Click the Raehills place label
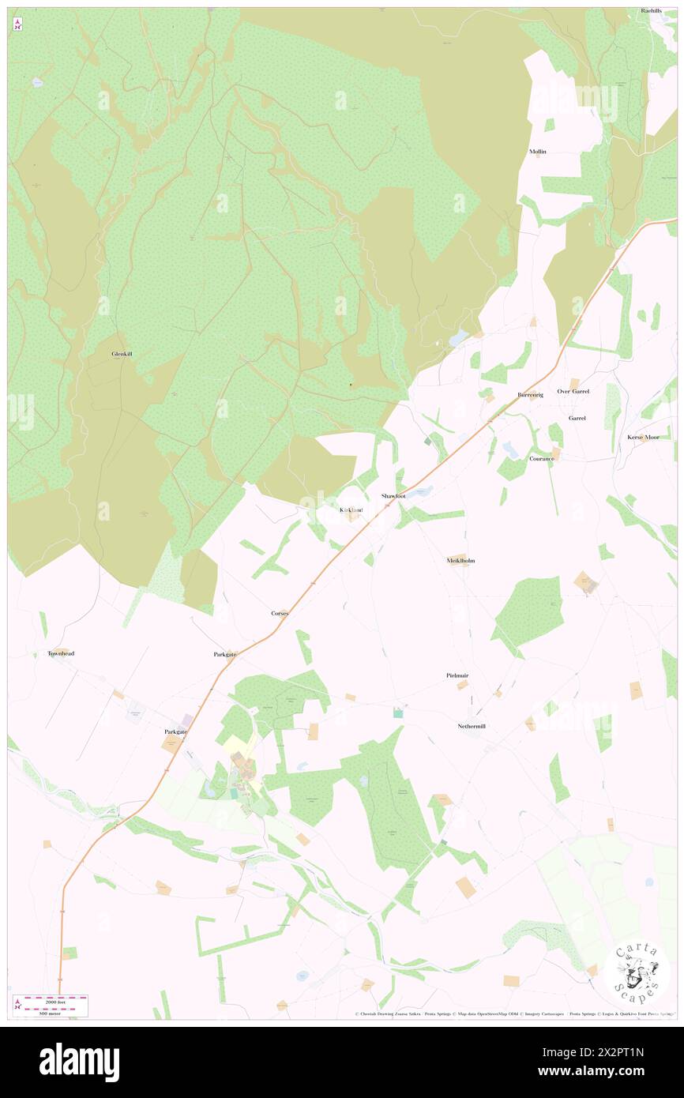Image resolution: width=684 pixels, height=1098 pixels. point(651,11)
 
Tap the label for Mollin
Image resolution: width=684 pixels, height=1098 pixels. point(538,151)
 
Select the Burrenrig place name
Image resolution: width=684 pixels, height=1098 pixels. point(531,393)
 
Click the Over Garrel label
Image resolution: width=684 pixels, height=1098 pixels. point(573,391)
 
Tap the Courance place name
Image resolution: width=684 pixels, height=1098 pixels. point(542,458)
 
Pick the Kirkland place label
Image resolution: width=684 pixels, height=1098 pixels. point(351,510)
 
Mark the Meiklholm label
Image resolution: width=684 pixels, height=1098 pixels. point(460,560)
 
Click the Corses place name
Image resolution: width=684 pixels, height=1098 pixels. point(280,613)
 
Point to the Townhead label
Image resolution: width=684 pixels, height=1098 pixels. point(61,653)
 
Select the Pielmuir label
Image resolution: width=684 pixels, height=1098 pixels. point(458,676)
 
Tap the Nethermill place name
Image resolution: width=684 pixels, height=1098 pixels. point(472,726)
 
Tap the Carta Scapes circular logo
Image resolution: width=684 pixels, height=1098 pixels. point(637,971)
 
